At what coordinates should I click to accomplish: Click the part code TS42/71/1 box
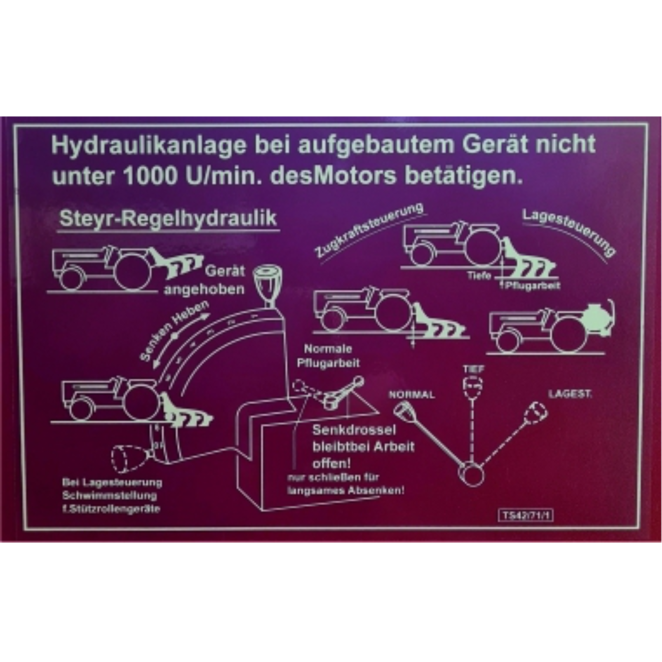pyautogui.click(x=526, y=516)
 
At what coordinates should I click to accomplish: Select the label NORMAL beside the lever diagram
pyautogui.click(x=412, y=395)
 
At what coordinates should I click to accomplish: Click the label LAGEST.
pyautogui.click(x=570, y=394)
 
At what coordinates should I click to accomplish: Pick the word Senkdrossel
pyautogui.click(x=354, y=430)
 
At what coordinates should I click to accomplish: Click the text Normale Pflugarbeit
pyautogui.click(x=328, y=356)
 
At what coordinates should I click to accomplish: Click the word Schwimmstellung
pyautogui.click(x=110, y=496)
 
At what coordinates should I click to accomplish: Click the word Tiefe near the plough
pyautogui.click(x=479, y=275)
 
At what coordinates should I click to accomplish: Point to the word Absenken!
pyautogui.click(x=376, y=491)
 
